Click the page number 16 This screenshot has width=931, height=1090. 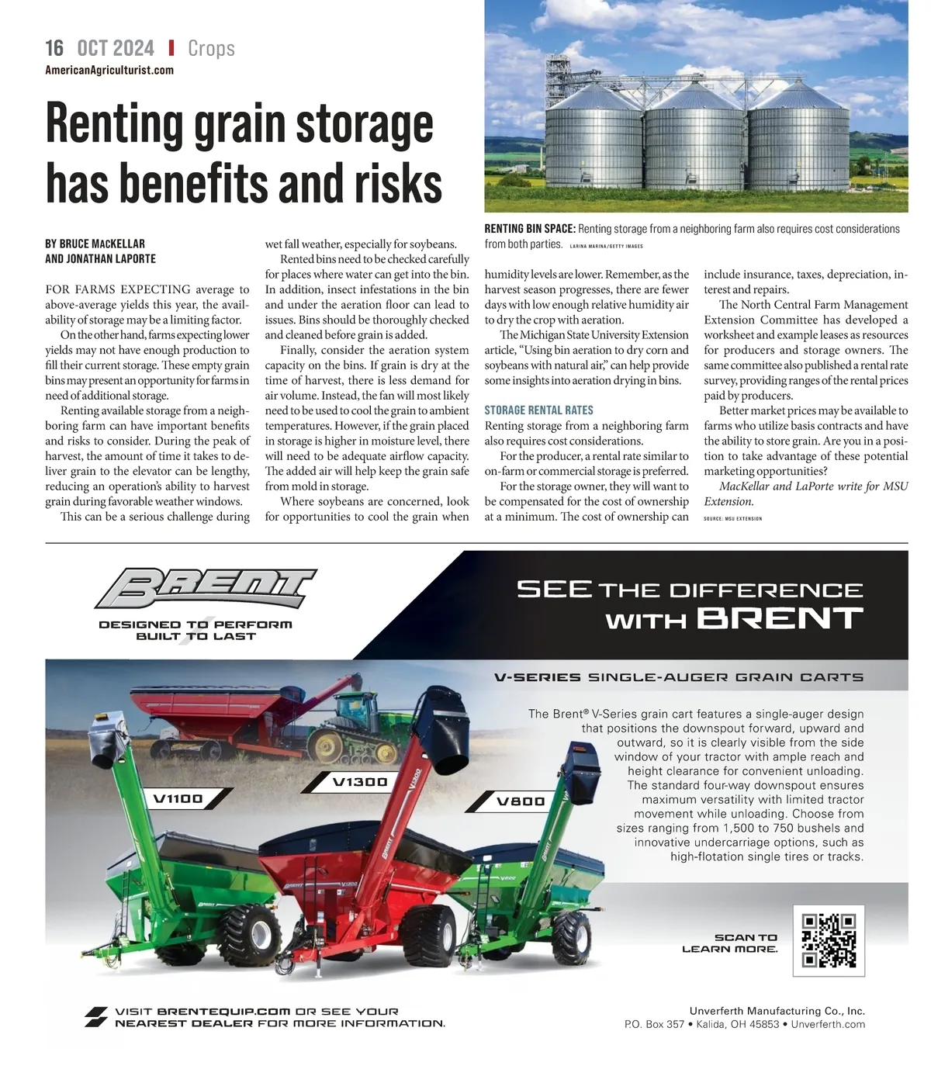(54, 48)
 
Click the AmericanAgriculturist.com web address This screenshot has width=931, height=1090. (109, 71)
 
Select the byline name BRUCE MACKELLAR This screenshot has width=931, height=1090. (102, 244)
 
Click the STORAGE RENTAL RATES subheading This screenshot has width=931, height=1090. (538, 410)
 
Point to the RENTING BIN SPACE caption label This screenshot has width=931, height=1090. (530, 229)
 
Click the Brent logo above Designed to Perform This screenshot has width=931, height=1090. (206, 589)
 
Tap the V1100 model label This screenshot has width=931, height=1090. (178, 798)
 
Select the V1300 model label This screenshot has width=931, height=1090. (359, 781)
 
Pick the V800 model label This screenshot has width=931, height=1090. (521, 801)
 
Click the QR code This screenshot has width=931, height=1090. (829, 940)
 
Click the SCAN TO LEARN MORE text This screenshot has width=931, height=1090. (730, 943)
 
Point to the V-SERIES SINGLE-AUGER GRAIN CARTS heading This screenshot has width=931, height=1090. (679, 677)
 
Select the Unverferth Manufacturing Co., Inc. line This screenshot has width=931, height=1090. (777, 1011)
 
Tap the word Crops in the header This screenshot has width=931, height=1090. (211, 49)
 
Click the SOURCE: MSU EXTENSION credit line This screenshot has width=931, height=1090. (732, 518)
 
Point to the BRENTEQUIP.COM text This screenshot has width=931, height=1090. (223, 1012)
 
